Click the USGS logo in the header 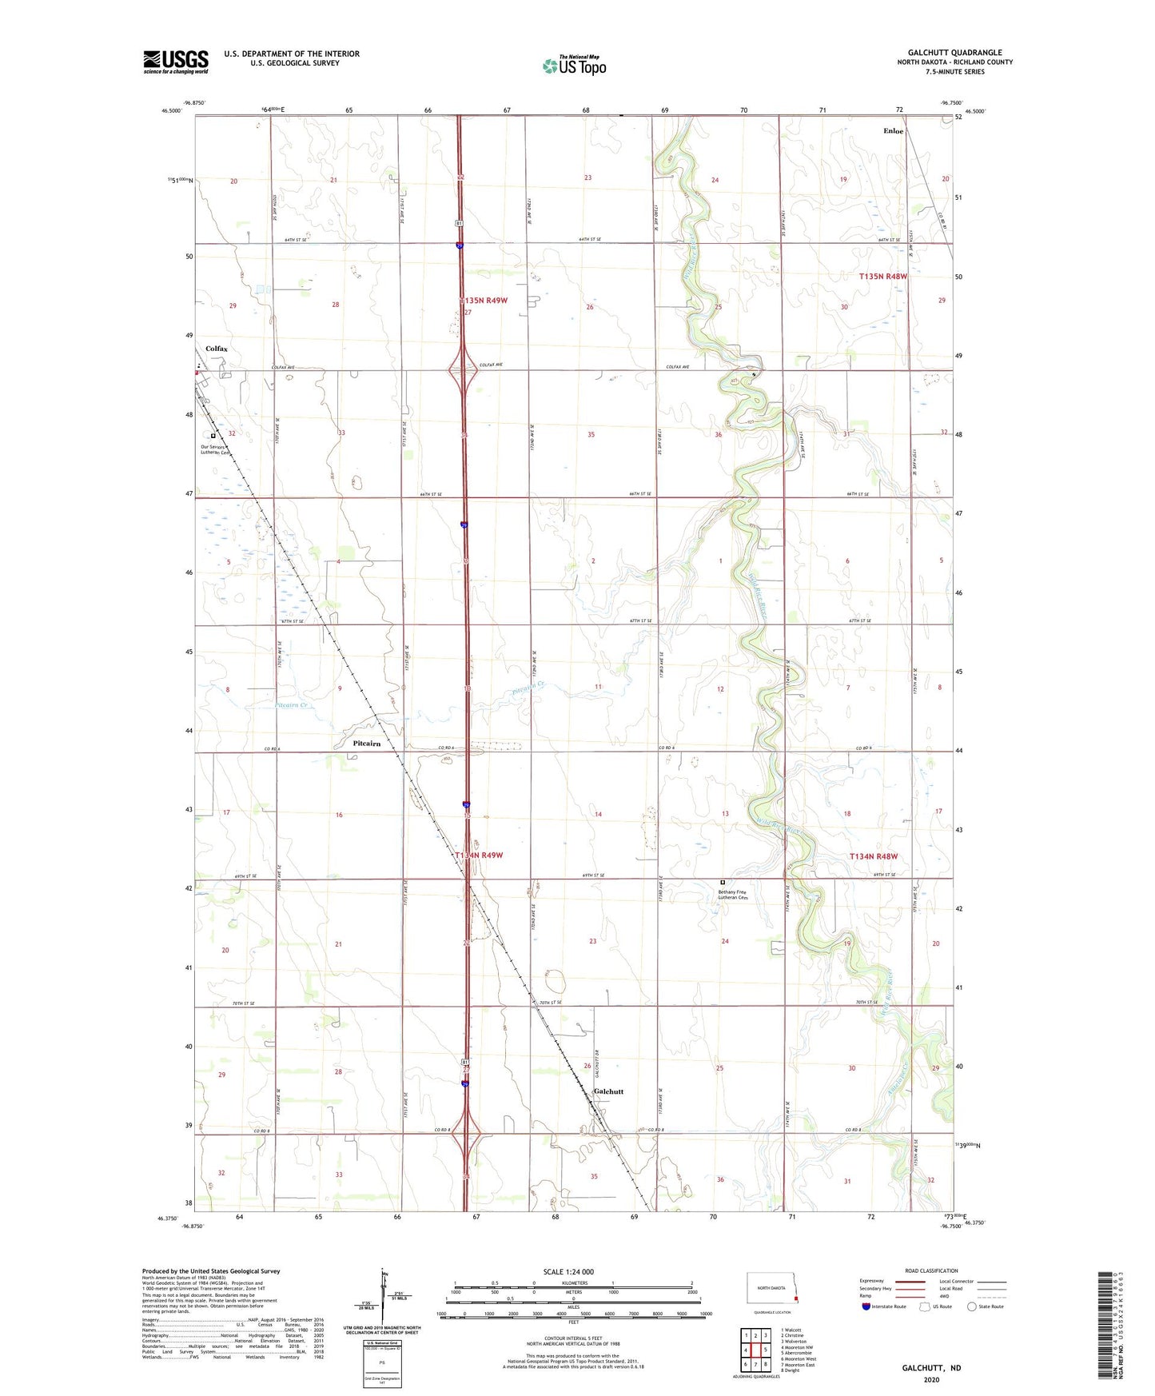coord(176,62)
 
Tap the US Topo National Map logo coord(574,66)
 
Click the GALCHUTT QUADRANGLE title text coord(954,53)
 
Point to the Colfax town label coord(216,349)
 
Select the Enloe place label coord(893,131)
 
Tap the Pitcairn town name coord(366,743)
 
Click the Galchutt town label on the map coord(608,1091)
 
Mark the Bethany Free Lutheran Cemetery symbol coord(723,883)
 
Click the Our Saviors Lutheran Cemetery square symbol coord(213,436)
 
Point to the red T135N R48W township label coord(883,276)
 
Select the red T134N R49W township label coord(479,856)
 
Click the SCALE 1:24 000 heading coord(568,1272)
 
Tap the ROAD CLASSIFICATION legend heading coord(931,1270)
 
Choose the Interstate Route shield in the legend coord(866,1306)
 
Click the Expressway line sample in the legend coord(910,1281)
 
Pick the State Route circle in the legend coord(972,1306)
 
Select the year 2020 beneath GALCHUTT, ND coord(931,1379)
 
